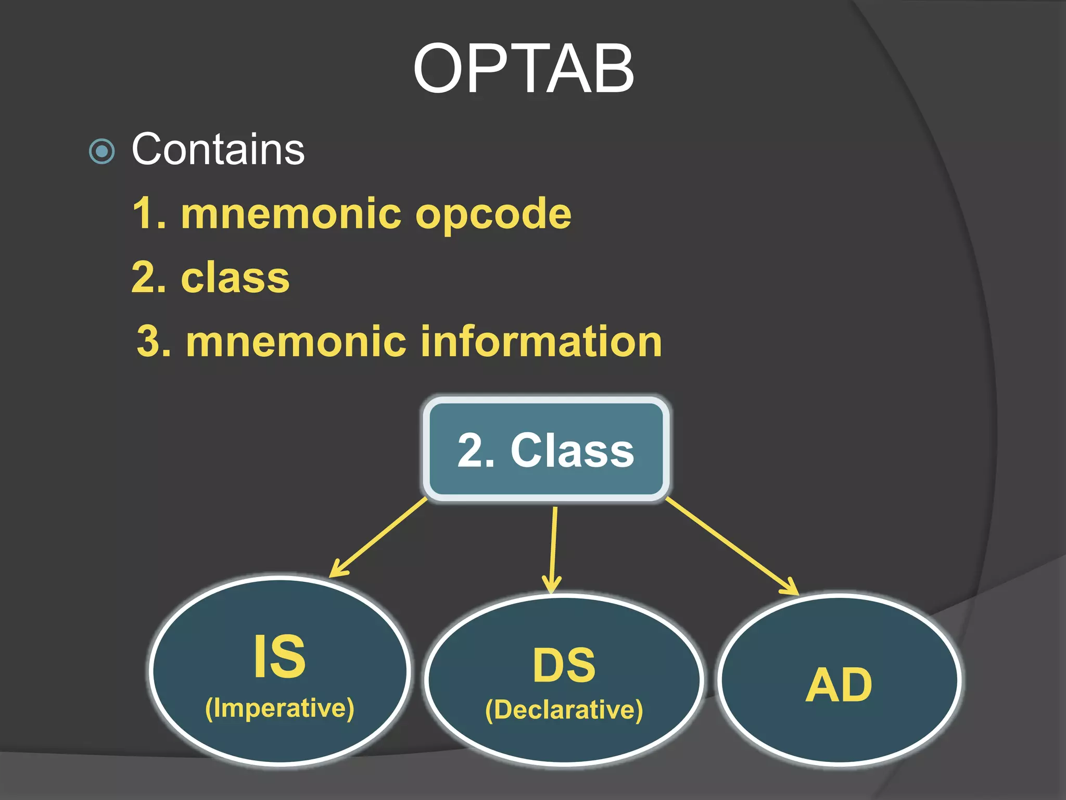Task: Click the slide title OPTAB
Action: click(523, 69)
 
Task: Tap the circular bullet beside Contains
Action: click(102, 152)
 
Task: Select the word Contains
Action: click(218, 149)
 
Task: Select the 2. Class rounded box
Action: click(545, 449)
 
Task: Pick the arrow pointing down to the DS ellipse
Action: click(553, 549)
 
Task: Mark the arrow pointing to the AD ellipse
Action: click(731, 546)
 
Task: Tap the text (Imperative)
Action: click(280, 708)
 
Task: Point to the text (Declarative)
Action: click(564, 710)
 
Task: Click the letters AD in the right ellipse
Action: click(839, 685)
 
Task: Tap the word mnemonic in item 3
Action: click(296, 342)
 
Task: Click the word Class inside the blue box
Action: click(572, 451)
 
